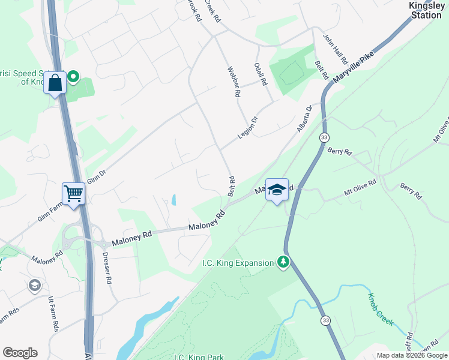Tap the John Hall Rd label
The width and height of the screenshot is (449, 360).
336,49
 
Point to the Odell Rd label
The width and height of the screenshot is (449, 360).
260,74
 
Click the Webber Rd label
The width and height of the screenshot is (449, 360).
233,82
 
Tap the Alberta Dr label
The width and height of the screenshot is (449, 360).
305,119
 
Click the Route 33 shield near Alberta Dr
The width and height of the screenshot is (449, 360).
324,138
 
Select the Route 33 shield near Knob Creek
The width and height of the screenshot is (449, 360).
325,320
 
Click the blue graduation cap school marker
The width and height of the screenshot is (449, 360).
277,190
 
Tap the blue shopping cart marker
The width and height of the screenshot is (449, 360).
73,194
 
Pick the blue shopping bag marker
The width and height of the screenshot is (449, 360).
55,83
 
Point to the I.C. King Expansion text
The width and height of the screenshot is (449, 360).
237,262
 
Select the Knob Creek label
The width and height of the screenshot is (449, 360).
381,308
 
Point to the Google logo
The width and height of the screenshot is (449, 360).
20,353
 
